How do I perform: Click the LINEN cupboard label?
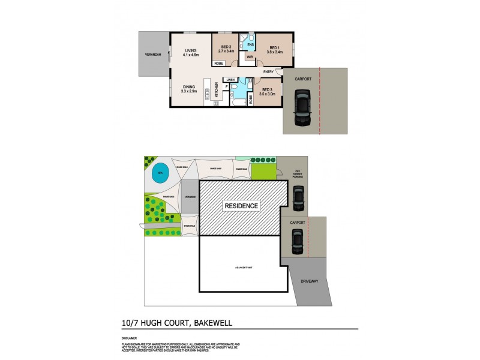coord(230,79)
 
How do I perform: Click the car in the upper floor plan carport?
coord(301,108)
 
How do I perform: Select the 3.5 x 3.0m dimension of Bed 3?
coord(268,94)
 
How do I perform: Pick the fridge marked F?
coord(227,87)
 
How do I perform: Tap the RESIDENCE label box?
coord(241,206)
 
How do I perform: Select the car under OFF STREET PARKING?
coord(298,197)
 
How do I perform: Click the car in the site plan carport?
coord(296,242)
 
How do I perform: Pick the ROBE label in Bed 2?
coord(219,62)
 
